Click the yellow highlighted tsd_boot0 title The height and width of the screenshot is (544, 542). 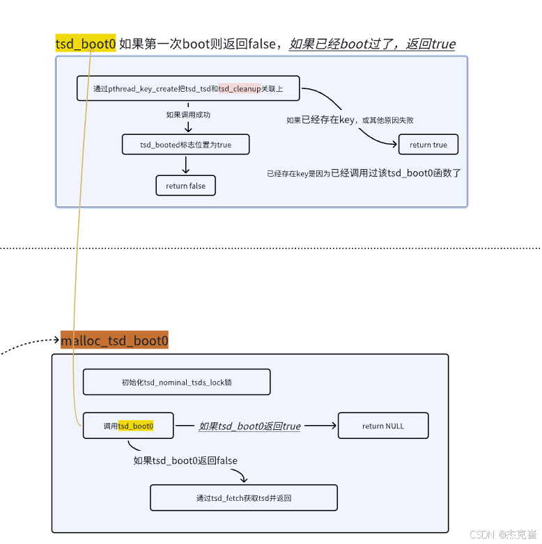click(x=85, y=44)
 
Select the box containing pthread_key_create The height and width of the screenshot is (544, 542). click(x=188, y=88)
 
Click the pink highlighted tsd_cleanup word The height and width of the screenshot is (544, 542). click(x=239, y=88)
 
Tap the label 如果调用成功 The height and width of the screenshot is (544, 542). click(x=188, y=115)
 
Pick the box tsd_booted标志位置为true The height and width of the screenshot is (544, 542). click(x=185, y=145)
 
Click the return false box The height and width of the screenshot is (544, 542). click(x=185, y=186)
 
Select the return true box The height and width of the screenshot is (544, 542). click(x=428, y=145)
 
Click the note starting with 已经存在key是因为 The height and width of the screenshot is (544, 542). click(x=364, y=173)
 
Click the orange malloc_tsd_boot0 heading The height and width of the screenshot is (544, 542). click(x=114, y=341)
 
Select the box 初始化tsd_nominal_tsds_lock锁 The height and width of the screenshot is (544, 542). click(x=176, y=383)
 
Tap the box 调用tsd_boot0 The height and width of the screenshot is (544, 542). click(x=128, y=426)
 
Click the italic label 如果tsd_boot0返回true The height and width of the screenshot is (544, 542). click(x=249, y=426)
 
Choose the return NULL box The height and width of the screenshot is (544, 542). click(x=382, y=426)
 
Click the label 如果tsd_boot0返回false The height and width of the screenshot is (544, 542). click(x=185, y=461)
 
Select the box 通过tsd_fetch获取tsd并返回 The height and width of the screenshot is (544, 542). click(x=244, y=498)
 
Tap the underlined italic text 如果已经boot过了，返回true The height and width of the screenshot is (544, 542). click(x=372, y=45)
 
